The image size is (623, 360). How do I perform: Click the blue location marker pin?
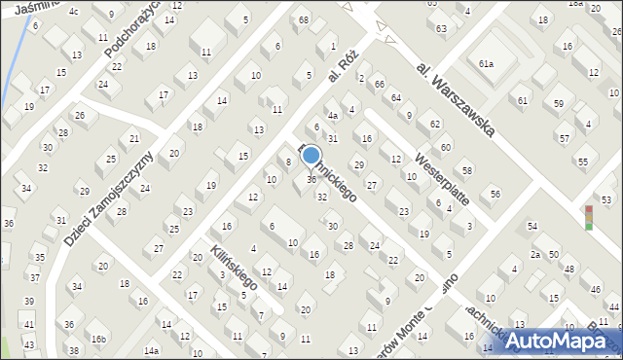coord(311,156)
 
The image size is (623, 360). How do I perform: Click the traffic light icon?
coord(587,217)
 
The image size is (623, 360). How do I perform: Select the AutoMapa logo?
coord(564,340)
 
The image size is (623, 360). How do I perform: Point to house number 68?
coord(304,19)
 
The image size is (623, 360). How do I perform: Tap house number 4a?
coord(332,116)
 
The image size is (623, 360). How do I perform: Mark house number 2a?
coord(534,254)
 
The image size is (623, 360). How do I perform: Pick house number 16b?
coord(98,338)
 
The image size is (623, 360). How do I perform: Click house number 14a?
coord(150,350)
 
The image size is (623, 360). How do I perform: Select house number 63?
coord(441,28)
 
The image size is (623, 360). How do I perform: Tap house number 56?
coord(495,194)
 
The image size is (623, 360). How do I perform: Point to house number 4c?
coord(74,11)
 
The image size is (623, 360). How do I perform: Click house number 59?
coord(558,103)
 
